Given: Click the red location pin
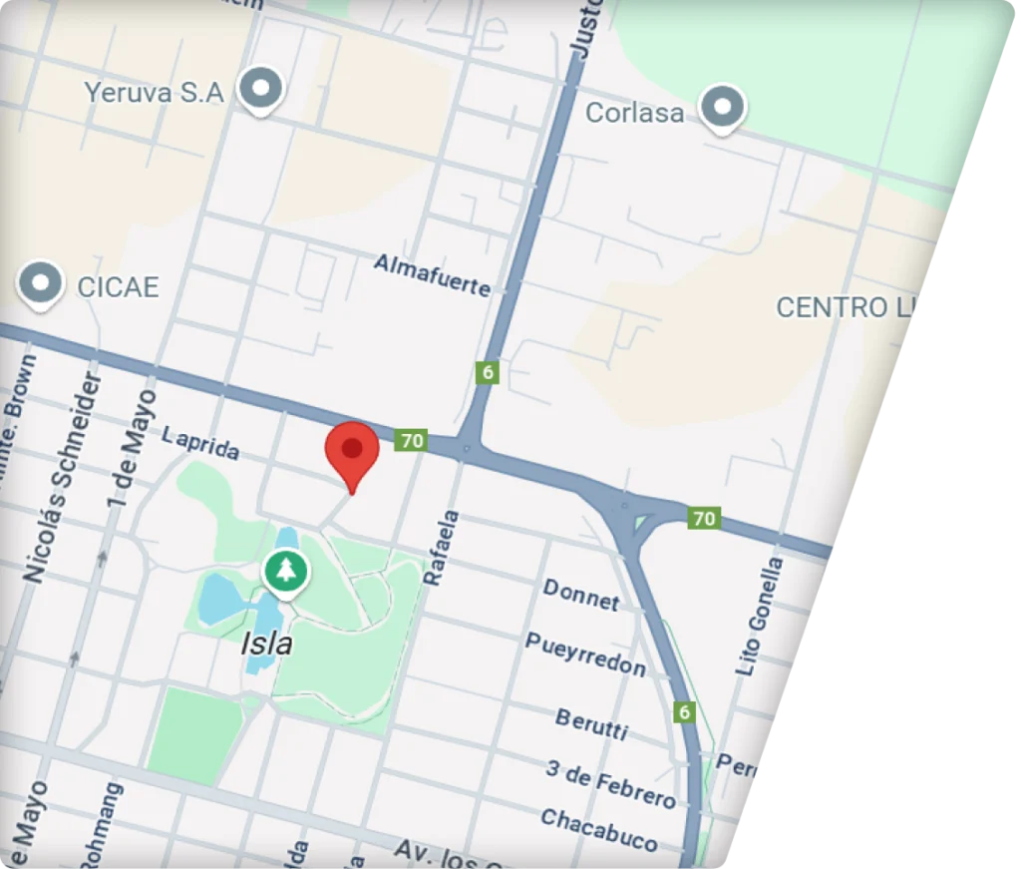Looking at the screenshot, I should pyautogui.click(x=352, y=451).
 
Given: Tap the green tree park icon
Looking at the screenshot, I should pyautogui.click(x=286, y=571).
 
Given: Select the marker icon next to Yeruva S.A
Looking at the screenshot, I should pyautogui.click(x=262, y=90).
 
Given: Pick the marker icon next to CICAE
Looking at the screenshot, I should pyautogui.click(x=41, y=282).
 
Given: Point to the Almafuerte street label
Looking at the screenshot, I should pyautogui.click(x=433, y=274).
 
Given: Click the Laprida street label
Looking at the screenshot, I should pyautogui.click(x=200, y=445).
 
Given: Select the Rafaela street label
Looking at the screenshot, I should pyautogui.click(x=441, y=548).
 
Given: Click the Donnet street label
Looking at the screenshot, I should pyautogui.click(x=581, y=595).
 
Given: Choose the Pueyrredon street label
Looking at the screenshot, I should pyautogui.click(x=585, y=653).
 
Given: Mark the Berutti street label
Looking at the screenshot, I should pyautogui.click(x=591, y=723).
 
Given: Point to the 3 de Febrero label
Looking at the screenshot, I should pyautogui.click(x=610, y=782).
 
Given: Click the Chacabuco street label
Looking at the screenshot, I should pyautogui.click(x=598, y=829).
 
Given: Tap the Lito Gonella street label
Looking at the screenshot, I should pyautogui.click(x=760, y=616).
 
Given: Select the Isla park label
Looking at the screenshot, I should pyautogui.click(x=267, y=644).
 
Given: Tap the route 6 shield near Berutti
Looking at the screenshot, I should pyautogui.click(x=683, y=711).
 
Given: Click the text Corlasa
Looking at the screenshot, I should pyautogui.click(x=634, y=113).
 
